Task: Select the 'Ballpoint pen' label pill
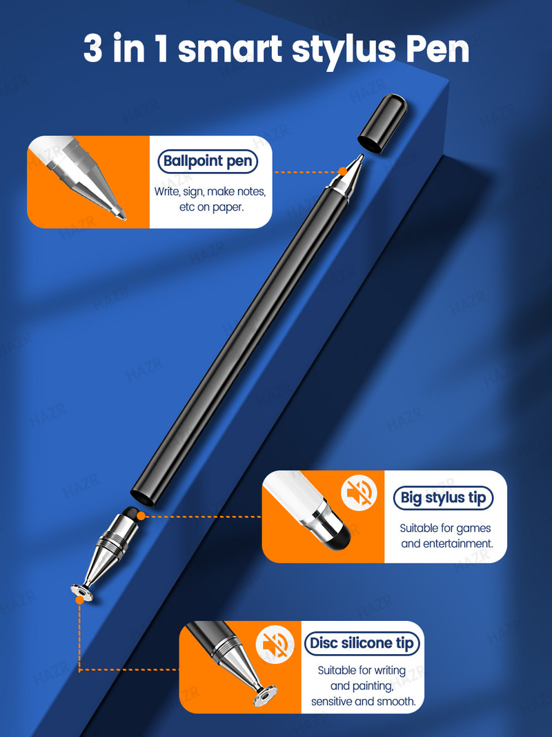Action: [x=208, y=162]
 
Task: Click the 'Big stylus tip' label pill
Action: [x=444, y=497]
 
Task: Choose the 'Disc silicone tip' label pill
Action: [x=362, y=643]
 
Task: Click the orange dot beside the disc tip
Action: [x=80, y=600]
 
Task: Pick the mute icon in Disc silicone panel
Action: [x=274, y=645]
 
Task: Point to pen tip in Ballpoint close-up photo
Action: [x=120, y=215]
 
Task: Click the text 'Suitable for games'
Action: [x=445, y=528]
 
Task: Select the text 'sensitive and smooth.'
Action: [x=363, y=702]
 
